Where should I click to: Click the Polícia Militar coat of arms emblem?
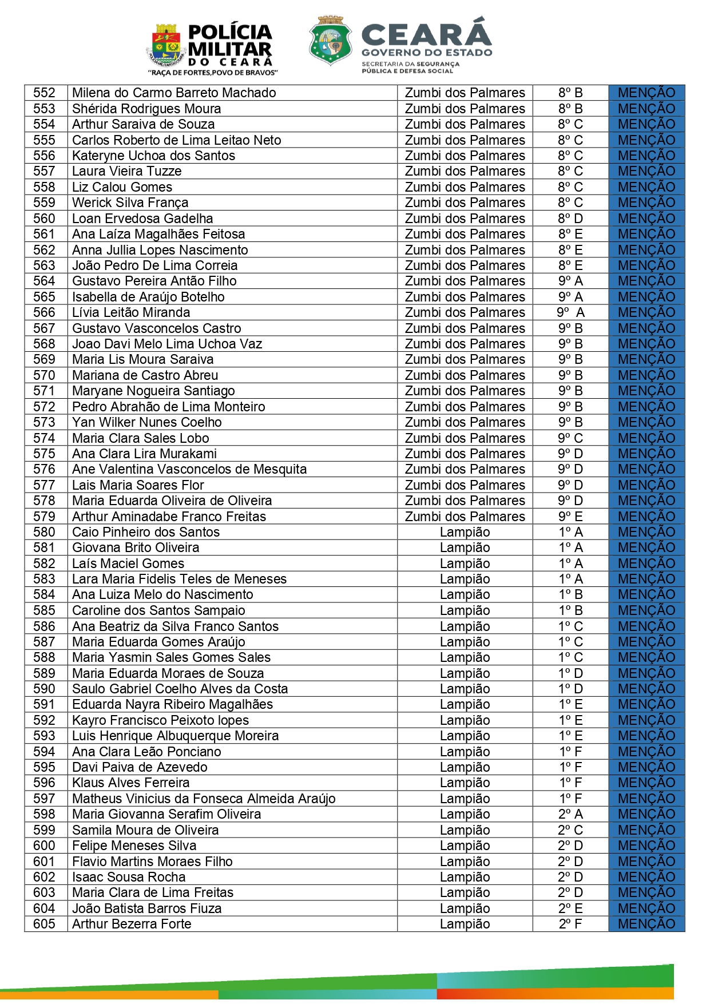(x=166, y=45)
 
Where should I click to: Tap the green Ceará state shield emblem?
(x=330, y=40)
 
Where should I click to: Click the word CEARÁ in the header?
(x=426, y=34)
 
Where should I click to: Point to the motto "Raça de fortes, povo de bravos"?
(x=213, y=73)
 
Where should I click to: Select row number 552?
(x=45, y=93)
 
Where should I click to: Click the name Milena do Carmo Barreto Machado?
(x=174, y=93)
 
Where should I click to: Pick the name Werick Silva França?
(x=130, y=203)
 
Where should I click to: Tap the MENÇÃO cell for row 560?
(x=646, y=219)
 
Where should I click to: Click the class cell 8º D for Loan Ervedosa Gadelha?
(x=570, y=219)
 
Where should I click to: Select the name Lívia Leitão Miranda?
(x=131, y=312)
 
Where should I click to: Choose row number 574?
(x=45, y=438)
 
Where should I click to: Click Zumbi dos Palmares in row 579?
(x=465, y=517)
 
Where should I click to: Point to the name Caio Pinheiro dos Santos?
(x=146, y=532)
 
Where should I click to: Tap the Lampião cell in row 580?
(x=465, y=532)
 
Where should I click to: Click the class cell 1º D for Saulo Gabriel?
(x=570, y=689)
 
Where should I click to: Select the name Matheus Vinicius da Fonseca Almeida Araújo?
(x=204, y=799)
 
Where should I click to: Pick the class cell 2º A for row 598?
(x=570, y=814)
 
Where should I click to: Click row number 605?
(x=45, y=924)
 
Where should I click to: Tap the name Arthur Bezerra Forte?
(x=132, y=924)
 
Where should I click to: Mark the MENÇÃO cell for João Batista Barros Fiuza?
(x=646, y=908)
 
